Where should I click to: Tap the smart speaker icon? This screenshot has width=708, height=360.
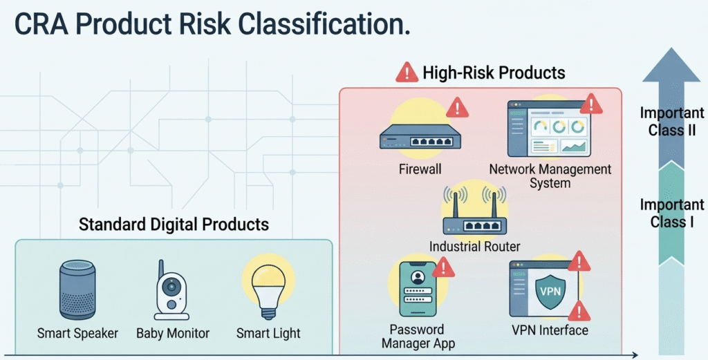[x=77, y=290]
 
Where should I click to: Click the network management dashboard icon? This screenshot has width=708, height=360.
[x=548, y=129]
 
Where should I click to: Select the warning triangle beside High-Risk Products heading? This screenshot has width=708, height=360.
[x=407, y=72]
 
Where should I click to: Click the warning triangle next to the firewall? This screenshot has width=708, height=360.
[x=456, y=107]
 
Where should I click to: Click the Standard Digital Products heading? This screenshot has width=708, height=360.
[x=174, y=225]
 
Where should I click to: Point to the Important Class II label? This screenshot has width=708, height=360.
[x=671, y=122]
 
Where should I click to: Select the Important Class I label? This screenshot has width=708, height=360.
[x=671, y=213]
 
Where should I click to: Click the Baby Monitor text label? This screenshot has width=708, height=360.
[x=173, y=334]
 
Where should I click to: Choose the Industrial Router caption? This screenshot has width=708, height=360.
[x=474, y=247]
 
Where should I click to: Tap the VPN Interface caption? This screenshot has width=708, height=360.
[x=550, y=330]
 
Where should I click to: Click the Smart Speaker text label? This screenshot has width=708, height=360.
[x=77, y=334]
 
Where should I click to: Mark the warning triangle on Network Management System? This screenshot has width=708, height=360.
[x=591, y=104]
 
